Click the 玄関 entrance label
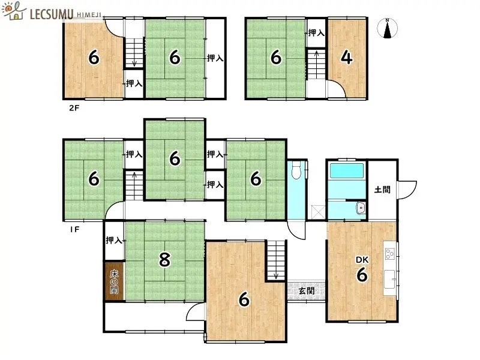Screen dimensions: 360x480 coord(306,291)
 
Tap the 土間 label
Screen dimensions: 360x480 coord(382,190)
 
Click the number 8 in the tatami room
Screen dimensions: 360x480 coord(164,260)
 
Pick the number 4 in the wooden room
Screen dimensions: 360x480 coord(346,58)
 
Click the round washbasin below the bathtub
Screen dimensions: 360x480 coord(359,208)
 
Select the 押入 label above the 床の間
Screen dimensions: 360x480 coord(114,241)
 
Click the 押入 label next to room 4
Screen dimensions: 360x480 coord(316,33)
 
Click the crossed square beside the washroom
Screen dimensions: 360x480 coord(316,212)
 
